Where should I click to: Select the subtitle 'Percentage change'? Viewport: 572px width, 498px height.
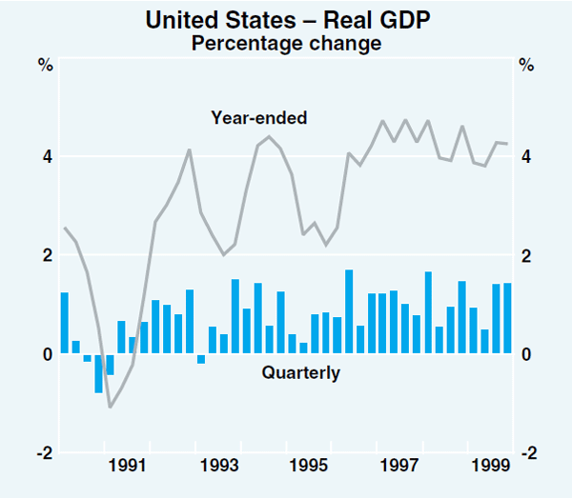click(x=286, y=43)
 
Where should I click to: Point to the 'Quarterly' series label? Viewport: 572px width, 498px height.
click(x=300, y=373)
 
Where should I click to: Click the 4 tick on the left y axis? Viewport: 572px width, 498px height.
click(x=45, y=156)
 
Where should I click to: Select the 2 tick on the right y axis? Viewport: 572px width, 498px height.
click(x=524, y=255)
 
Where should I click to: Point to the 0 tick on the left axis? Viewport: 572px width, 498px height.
click(x=45, y=354)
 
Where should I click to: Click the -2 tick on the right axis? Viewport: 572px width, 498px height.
click(x=526, y=452)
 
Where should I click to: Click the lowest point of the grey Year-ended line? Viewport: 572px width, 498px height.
click(x=111, y=408)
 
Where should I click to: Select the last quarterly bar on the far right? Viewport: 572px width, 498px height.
click(x=507, y=318)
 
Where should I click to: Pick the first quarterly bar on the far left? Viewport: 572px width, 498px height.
click(x=65, y=323)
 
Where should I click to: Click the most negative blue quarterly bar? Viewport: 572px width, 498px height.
click(x=98, y=372)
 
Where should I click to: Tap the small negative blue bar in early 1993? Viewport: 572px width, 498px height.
click(x=201, y=358)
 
